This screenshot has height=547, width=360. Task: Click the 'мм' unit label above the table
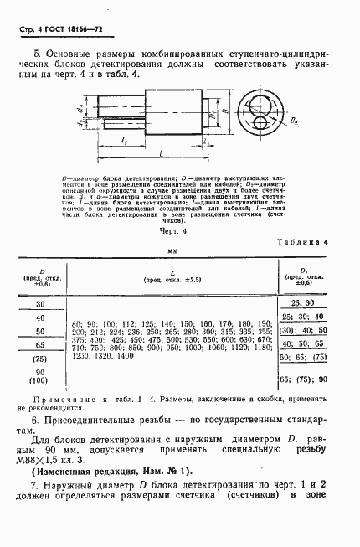click(173, 250)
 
